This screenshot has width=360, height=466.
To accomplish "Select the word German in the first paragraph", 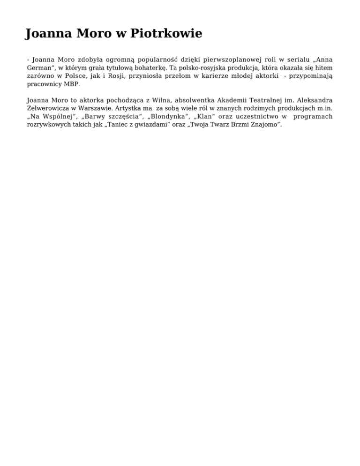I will (39, 68).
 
